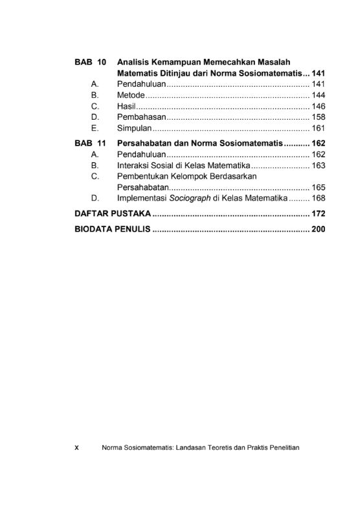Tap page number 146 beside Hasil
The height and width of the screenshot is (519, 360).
pyautogui.click(x=318, y=106)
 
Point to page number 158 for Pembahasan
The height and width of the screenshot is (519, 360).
pyautogui.click(x=318, y=117)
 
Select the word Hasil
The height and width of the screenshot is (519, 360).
pyautogui.click(x=126, y=106)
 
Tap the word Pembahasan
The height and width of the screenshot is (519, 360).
pyautogui.click(x=142, y=117)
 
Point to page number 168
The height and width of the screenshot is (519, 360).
pyautogui.click(x=318, y=198)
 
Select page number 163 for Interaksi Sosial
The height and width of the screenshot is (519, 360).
pyautogui.click(x=318, y=166)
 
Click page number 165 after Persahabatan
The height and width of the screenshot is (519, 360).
pyautogui.click(x=318, y=188)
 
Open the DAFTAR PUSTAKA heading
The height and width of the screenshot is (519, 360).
pyautogui.click(x=113, y=214)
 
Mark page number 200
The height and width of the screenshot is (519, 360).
pyautogui.click(x=318, y=230)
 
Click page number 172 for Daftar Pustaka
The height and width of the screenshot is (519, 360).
pyautogui.click(x=318, y=214)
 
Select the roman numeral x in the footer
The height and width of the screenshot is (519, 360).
pyautogui.click(x=76, y=448)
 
